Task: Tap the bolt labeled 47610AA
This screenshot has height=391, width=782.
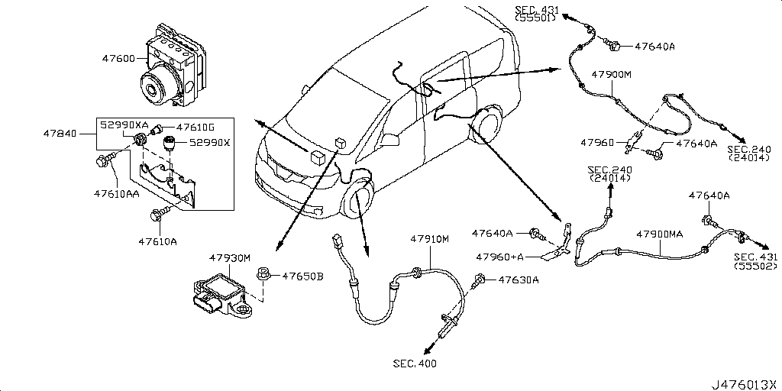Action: click(105, 161)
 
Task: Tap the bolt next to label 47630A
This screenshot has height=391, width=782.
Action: click(480, 280)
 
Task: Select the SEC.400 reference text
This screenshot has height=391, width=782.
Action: click(415, 364)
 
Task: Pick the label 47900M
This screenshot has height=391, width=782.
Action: click(613, 75)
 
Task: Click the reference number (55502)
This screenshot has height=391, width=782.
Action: click(756, 267)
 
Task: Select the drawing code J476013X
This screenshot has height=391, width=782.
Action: click(745, 382)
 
